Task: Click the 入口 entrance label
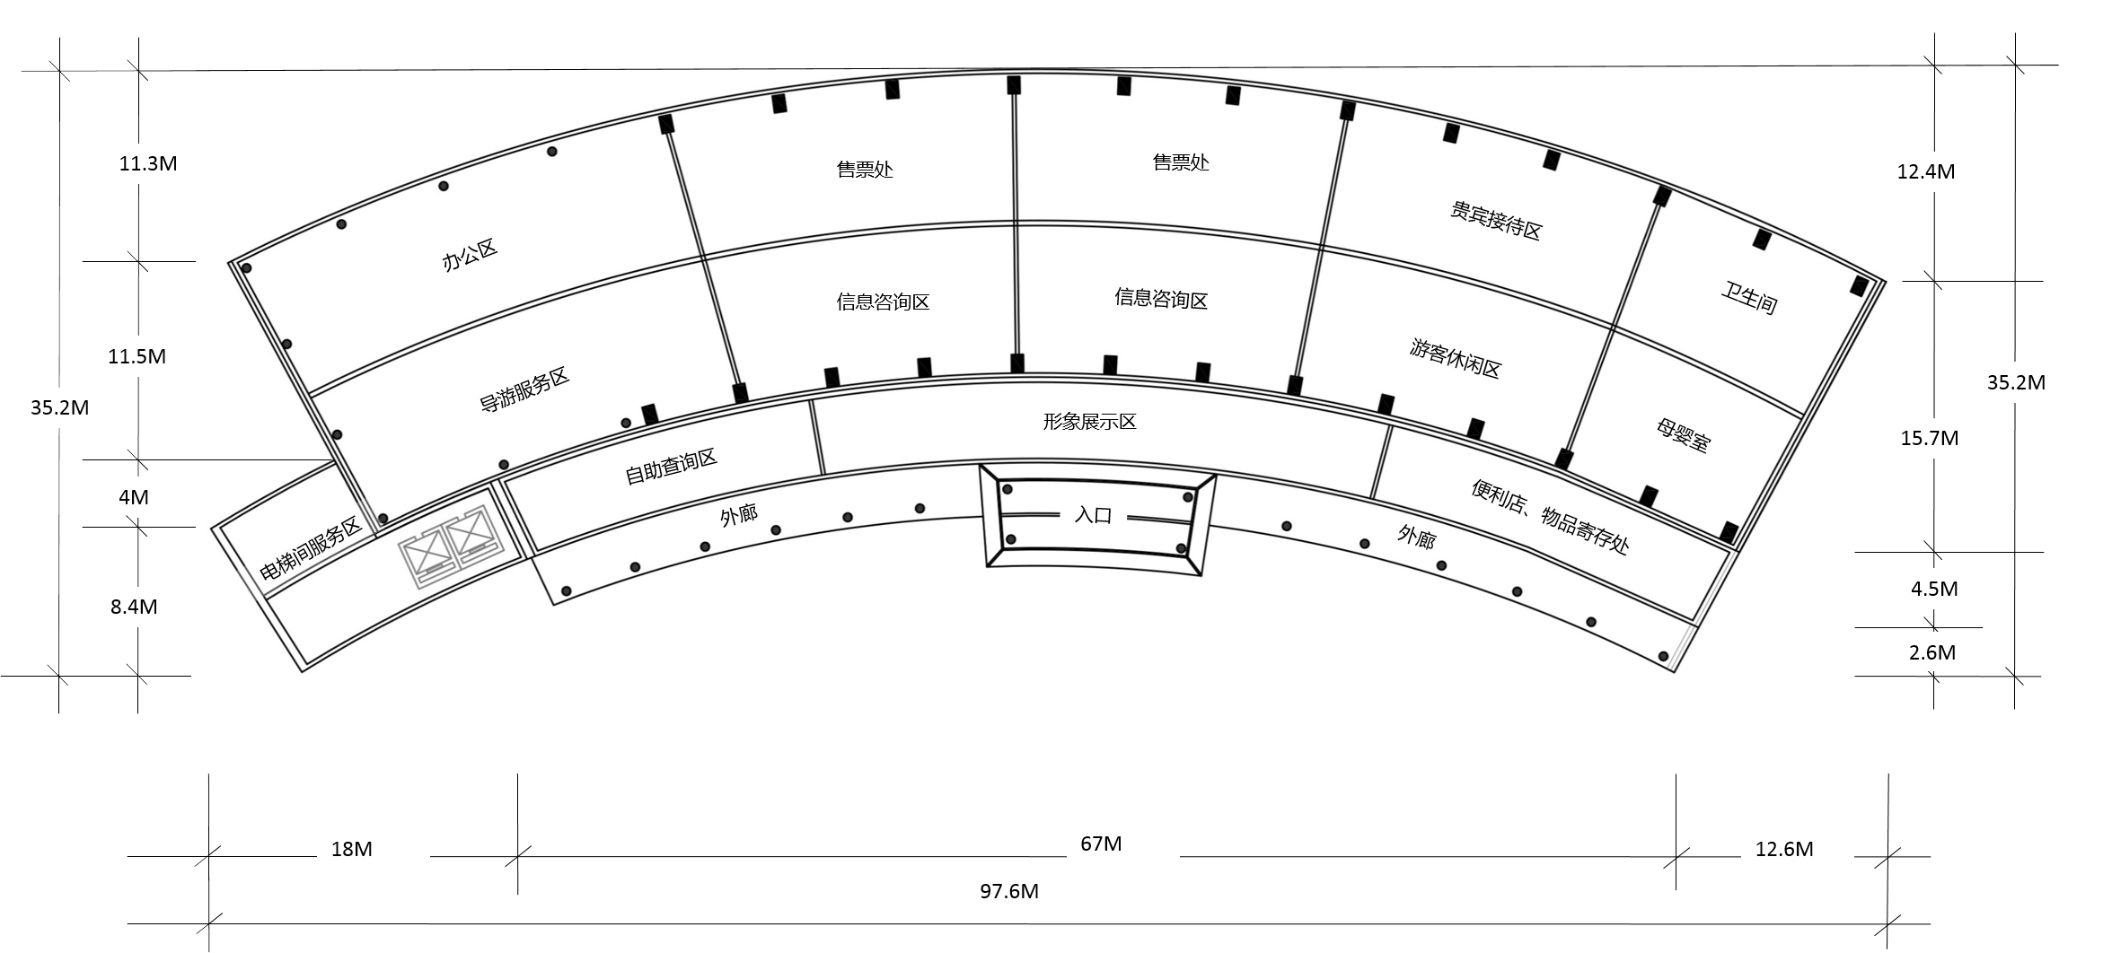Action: click(x=1093, y=515)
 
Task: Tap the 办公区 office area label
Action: click(x=470, y=255)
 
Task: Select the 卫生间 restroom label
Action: click(x=1748, y=298)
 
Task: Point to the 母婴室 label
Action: click(x=1683, y=434)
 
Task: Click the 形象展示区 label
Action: click(x=1089, y=422)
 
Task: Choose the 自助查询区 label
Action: click(x=671, y=467)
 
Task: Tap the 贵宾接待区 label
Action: click(x=1495, y=221)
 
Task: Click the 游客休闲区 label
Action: click(x=1455, y=358)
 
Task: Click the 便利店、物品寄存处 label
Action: click(x=1549, y=516)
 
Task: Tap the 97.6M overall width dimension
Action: click(x=1009, y=891)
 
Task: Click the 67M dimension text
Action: click(x=1101, y=844)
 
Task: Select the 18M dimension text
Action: click(x=351, y=849)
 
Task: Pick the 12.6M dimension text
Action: click(x=1784, y=849)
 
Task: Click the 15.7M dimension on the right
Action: click(x=1930, y=438)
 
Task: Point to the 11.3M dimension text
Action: click(x=148, y=163)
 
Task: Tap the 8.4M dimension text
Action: click(x=134, y=607)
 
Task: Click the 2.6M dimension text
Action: click(x=1932, y=652)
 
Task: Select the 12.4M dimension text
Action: click(x=1926, y=171)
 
